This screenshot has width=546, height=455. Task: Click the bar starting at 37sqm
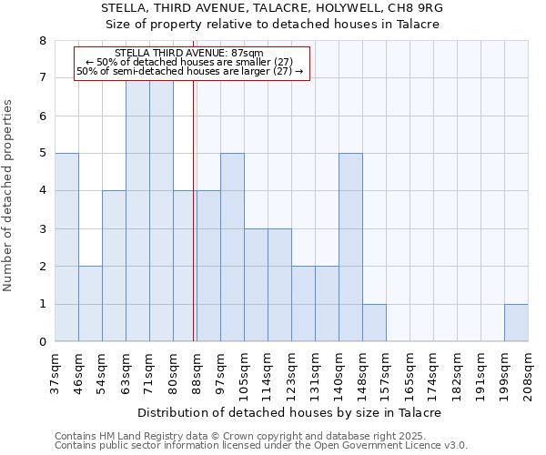click(66, 248)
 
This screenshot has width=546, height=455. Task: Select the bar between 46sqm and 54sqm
click(90, 304)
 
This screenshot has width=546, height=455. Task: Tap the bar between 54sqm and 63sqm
click(114, 266)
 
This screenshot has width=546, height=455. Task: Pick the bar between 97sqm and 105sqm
click(232, 248)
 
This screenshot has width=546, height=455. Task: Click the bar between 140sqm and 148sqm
click(350, 248)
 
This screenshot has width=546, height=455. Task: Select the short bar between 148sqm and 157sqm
click(374, 323)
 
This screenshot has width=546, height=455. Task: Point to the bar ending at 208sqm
click(516, 323)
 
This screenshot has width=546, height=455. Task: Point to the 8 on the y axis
click(43, 41)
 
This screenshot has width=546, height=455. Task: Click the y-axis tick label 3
click(43, 229)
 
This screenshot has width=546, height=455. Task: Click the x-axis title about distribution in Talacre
click(291, 412)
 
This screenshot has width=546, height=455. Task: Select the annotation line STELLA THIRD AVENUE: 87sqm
click(190, 53)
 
